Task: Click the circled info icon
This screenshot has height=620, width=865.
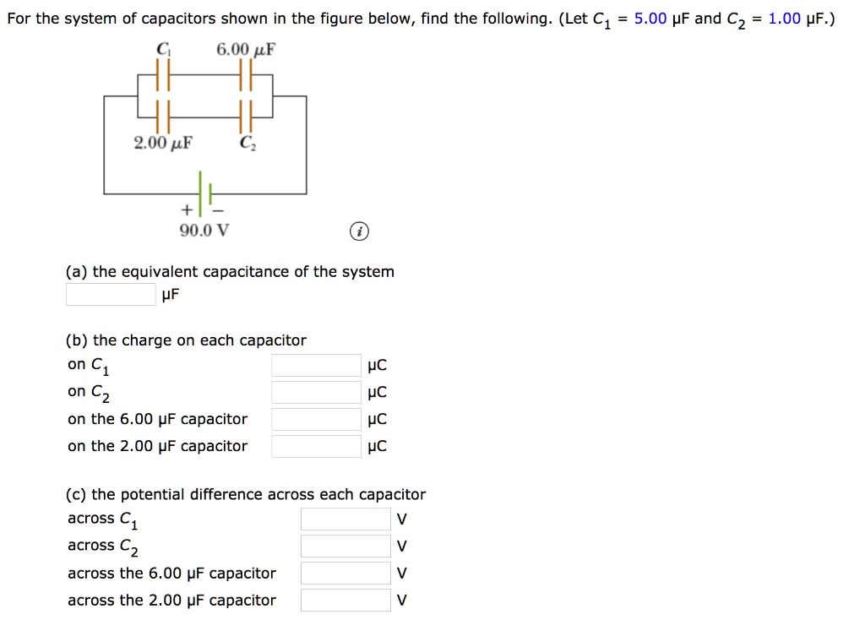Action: click(x=359, y=232)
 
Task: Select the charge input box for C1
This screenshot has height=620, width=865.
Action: click(x=316, y=366)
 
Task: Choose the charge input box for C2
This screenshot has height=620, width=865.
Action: click(x=316, y=393)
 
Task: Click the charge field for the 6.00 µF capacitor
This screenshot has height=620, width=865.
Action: click(x=316, y=420)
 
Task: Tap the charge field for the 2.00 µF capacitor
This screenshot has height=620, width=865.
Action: click(x=316, y=447)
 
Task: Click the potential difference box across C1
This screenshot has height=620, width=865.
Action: click(x=345, y=519)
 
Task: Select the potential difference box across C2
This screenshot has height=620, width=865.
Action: click(x=345, y=547)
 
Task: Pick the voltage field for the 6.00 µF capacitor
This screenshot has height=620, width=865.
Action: click(x=345, y=574)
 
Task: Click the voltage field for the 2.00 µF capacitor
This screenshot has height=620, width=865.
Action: click(x=345, y=601)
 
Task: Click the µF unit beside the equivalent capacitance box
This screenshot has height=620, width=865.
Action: click(x=171, y=295)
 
